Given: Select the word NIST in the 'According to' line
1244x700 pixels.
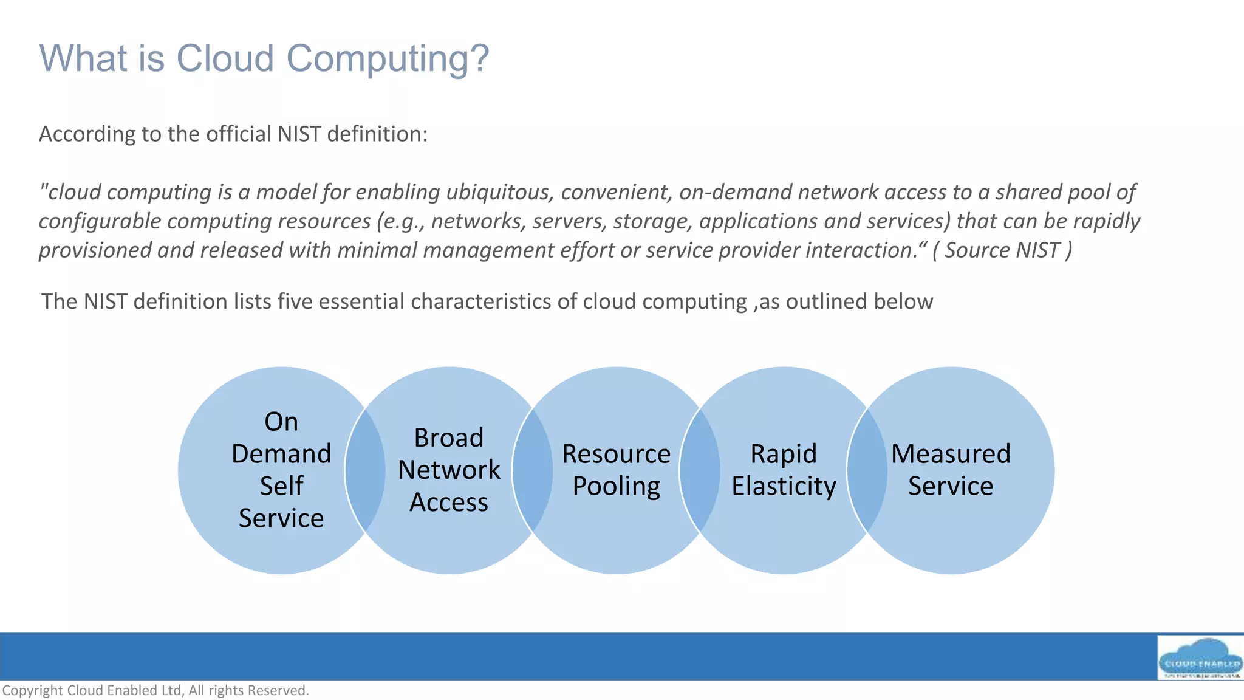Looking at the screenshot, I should pyautogui.click(x=299, y=134).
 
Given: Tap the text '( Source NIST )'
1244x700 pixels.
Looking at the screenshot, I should pyautogui.click(x=1002, y=250).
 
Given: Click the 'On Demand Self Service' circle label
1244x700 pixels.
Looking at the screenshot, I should pyautogui.click(x=281, y=470).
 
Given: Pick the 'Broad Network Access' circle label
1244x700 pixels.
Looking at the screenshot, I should pyautogui.click(x=449, y=470).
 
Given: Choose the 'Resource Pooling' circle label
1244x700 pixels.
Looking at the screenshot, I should pyautogui.click(x=616, y=470).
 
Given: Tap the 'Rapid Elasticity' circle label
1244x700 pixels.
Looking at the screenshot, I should pyautogui.click(x=784, y=470).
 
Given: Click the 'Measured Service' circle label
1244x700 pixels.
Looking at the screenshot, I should pyautogui.click(x=951, y=470).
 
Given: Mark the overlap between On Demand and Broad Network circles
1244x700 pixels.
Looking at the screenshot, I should pyautogui.click(x=365, y=470).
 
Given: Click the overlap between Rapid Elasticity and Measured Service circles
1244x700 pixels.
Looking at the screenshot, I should pyautogui.click(x=867, y=470).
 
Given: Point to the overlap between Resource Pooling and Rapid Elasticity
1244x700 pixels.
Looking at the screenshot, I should pyautogui.click(x=700, y=470).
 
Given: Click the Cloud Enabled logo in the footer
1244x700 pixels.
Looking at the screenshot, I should pyautogui.click(x=1200, y=658).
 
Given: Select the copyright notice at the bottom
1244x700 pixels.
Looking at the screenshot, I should pyautogui.click(x=155, y=690).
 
